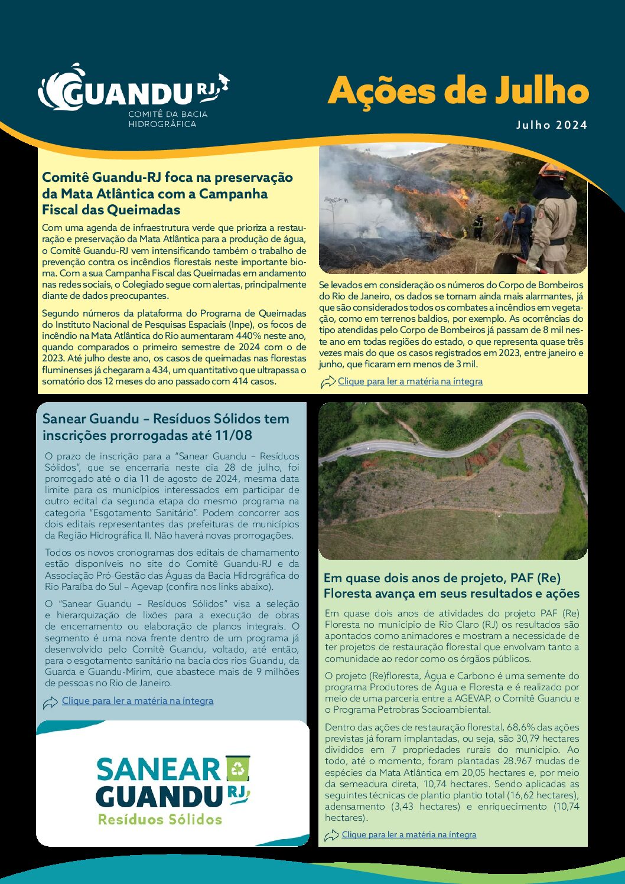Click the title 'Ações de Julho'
click(458, 92)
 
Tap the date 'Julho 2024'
click(552, 125)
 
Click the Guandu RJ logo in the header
click(133, 92)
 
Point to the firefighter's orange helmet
click(552, 171)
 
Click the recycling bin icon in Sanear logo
click(237, 768)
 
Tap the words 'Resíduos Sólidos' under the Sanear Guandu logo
click(160, 820)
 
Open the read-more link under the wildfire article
click(410, 381)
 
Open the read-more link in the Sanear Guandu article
click(138, 701)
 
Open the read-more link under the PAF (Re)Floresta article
click(409, 834)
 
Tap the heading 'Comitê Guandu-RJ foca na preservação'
click(167, 177)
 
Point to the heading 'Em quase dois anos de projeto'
click(442, 578)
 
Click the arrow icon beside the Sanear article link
click(51, 702)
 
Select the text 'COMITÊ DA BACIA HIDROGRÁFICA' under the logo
click(168, 119)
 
